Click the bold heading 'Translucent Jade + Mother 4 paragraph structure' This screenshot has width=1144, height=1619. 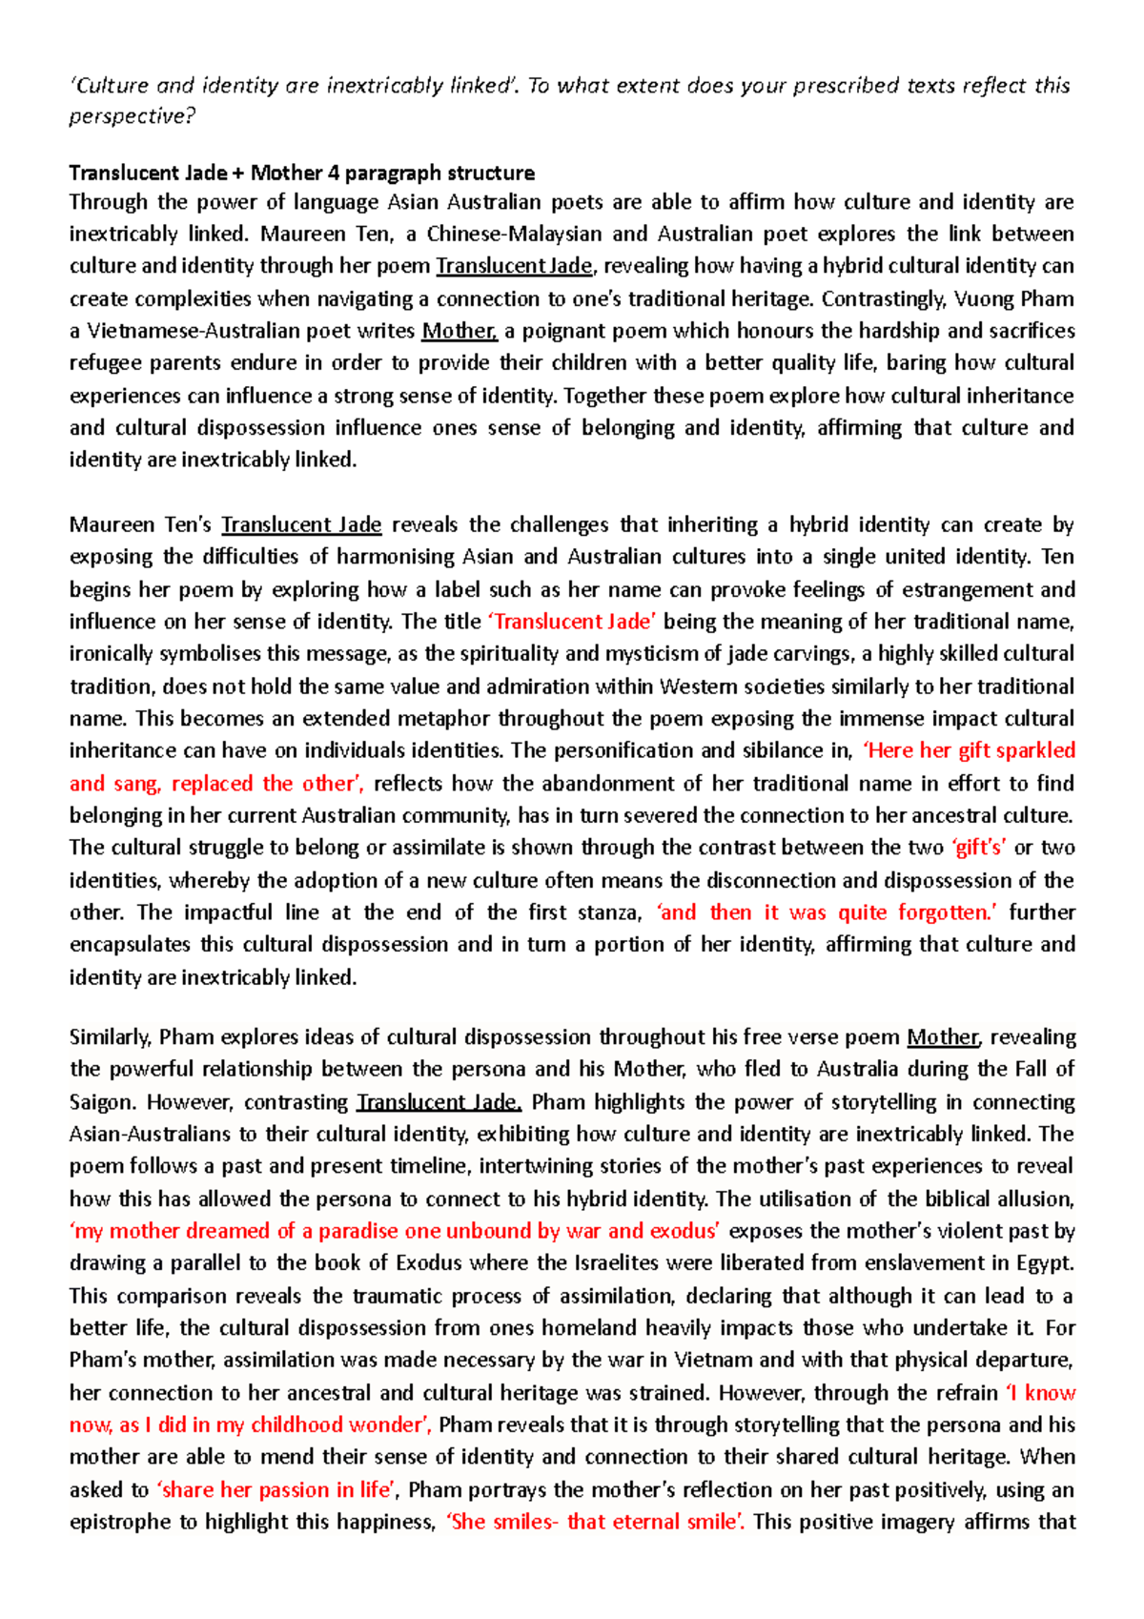pyautogui.click(x=301, y=173)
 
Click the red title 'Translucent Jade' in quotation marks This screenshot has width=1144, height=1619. pyautogui.click(x=572, y=622)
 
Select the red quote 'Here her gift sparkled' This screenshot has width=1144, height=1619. pyautogui.click(x=969, y=750)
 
